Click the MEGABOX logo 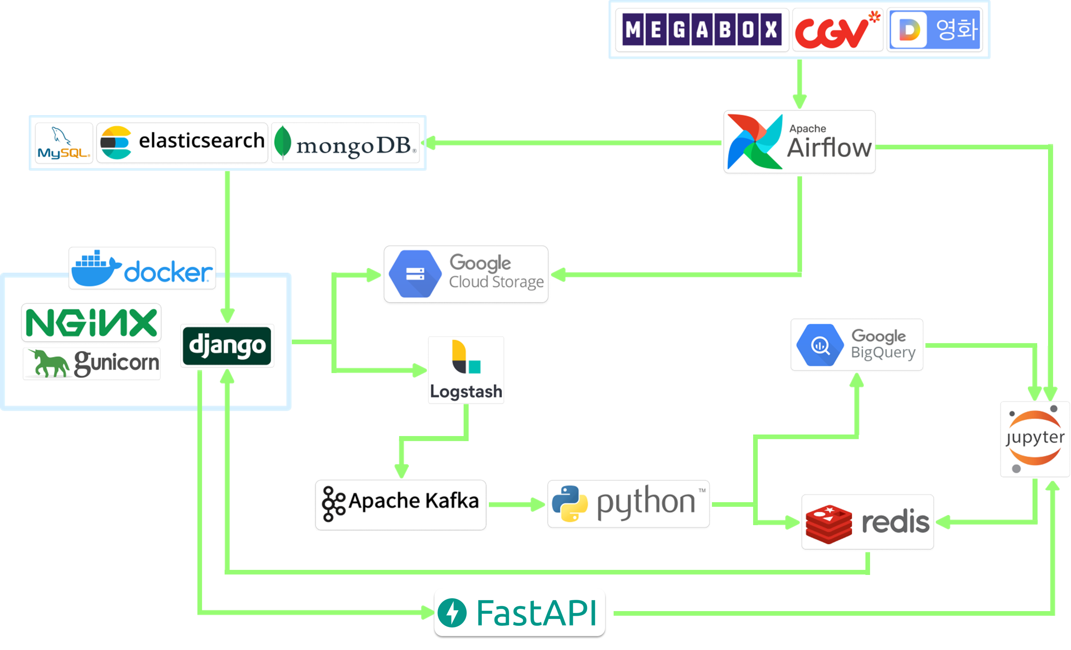(x=702, y=30)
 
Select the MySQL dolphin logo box (x=64, y=143)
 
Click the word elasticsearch (x=201, y=140)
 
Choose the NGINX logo (x=91, y=322)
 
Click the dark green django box (x=227, y=345)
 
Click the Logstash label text (x=466, y=392)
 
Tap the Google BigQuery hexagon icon (x=819, y=345)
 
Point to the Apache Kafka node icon (x=333, y=504)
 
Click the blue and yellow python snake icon (x=569, y=504)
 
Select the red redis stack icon (x=829, y=524)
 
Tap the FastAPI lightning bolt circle (x=452, y=613)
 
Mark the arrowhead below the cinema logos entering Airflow (x=799, y=102)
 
